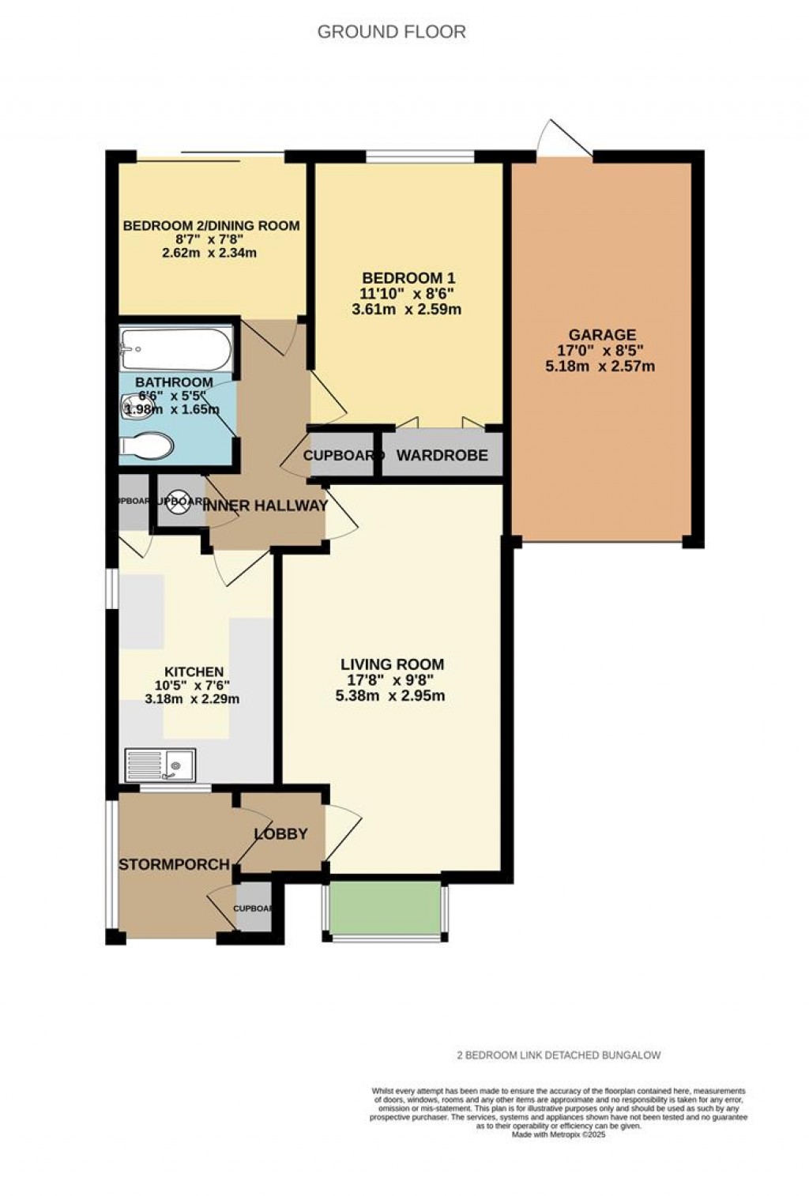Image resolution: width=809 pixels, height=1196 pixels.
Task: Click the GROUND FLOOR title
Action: point(391,32)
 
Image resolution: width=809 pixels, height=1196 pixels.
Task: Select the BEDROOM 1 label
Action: point(408,278)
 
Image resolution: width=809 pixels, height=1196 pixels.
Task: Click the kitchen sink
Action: point(160,765)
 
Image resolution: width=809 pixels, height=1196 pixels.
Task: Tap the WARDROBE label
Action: point(442,456)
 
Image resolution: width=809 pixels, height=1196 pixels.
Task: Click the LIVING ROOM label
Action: point(392,664)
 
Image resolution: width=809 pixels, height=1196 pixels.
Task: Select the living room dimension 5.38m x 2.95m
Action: point(392,696)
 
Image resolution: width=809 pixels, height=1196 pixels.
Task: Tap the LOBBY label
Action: point(280,834)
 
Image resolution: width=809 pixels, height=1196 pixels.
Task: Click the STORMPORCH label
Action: point(174,865)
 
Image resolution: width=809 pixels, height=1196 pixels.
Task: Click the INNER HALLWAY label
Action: point(266,506)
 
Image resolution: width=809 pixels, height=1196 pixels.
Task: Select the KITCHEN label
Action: point(194,671)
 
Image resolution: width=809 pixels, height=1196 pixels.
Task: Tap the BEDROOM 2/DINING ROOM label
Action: point(211,226)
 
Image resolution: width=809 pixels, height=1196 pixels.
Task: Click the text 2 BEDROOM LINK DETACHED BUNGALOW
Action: point(559,1055)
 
